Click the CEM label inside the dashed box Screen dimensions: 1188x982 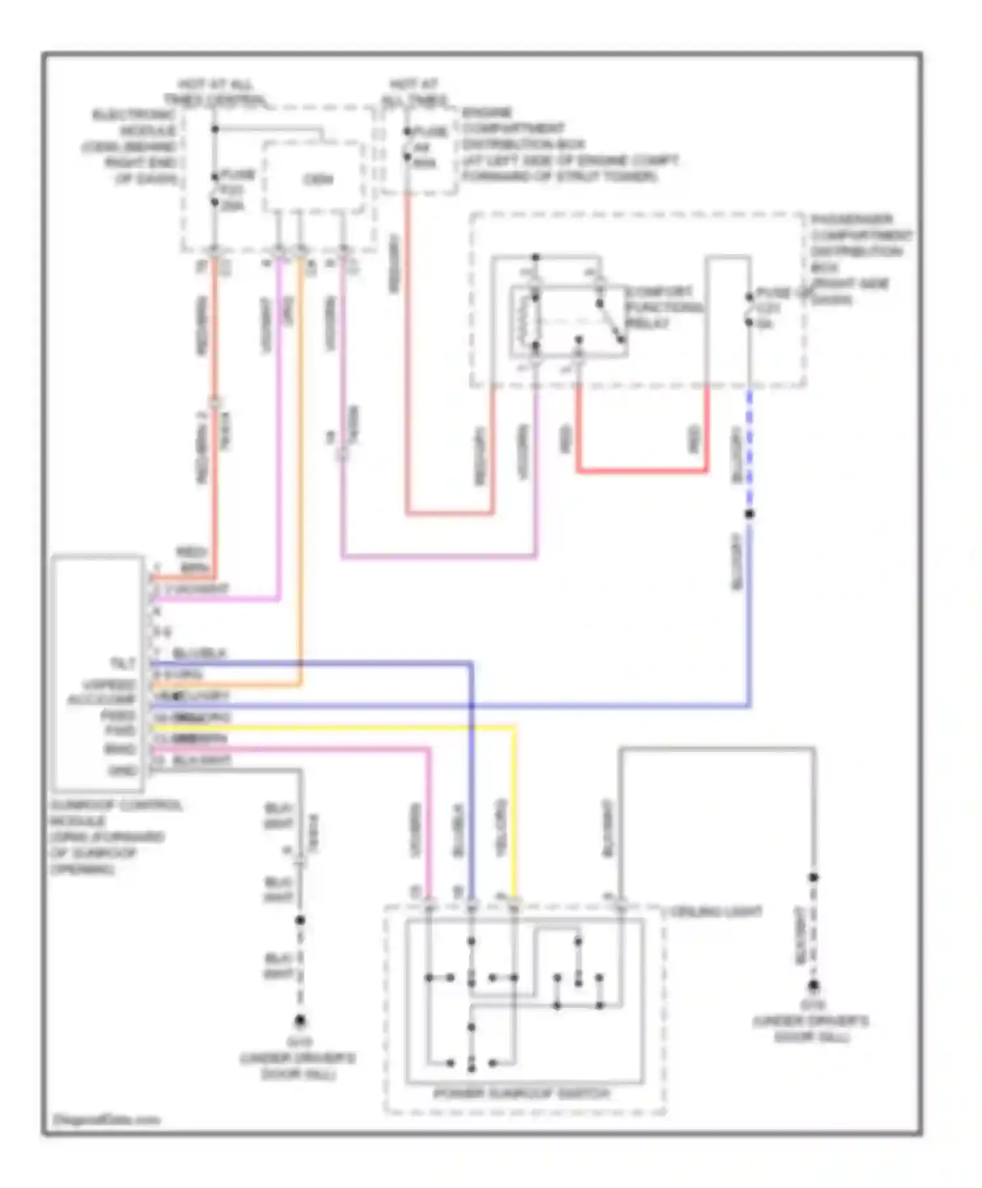click(318, 179)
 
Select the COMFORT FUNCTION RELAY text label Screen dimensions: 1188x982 click(663, 307)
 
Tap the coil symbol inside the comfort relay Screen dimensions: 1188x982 click(528, 321)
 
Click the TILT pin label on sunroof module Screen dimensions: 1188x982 click(122, 663)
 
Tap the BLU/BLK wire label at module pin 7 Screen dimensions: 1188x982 click(199, 654)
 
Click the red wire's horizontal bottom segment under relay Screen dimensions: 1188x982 click(642, 470)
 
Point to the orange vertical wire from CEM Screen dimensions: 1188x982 click(301, 458)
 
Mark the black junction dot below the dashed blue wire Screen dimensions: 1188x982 click(749, 514)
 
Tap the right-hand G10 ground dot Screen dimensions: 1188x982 click(813, 986)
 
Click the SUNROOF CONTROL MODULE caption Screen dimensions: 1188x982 click(115, 836)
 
